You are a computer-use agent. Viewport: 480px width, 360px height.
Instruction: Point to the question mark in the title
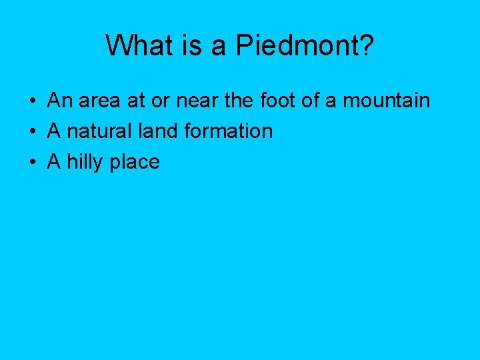click(367, 45)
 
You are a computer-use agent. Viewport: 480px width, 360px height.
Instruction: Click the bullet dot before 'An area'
click(32, 102)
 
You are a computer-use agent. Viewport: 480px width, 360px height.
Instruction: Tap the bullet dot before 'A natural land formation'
click(32, 132)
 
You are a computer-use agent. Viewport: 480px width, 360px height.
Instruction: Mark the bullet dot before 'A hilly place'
click(32, 163)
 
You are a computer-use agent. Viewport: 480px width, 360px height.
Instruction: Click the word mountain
click(386, 101)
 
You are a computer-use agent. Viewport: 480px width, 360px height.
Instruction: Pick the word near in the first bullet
click(198, 101)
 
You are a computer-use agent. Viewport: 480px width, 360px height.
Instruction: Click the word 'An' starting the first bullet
click(59, 101)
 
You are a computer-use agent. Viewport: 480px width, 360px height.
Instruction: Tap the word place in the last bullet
click(137, 163)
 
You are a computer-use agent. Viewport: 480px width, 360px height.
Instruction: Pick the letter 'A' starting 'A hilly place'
click(53, 161)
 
